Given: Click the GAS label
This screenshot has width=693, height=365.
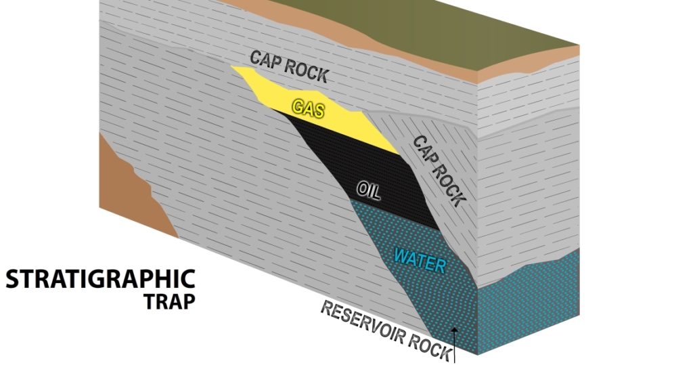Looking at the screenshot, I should [x=308, y=108].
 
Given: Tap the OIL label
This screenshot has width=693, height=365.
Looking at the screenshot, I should [x=366, y=190].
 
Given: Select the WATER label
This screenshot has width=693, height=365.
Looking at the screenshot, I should [x=420, y=259].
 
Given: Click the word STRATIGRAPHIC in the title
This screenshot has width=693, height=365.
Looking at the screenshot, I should [x=101, y=278].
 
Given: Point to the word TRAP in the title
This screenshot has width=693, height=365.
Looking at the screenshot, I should [x=169, y=301].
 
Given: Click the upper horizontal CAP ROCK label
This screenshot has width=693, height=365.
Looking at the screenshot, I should [x=289, y=66].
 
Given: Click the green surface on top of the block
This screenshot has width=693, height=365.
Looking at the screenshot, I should [x=474, y=24].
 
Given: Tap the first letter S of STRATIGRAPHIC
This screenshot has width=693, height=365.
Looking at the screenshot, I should [x=13, y=278].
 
